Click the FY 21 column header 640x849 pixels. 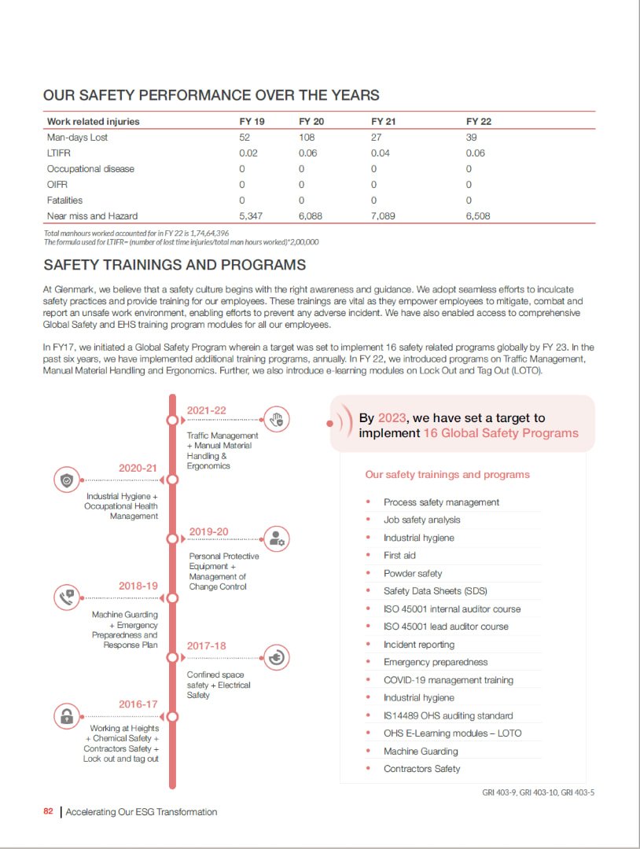click(x=383, y=122)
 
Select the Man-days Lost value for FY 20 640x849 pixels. click(x=307, y=138)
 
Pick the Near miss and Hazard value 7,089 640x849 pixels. click(x=383, y=215)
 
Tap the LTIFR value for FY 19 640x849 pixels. click(x=248, y=153)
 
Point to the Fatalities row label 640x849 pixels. click(x=64, y=200)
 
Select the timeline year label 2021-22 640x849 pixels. click(x=206, y=410)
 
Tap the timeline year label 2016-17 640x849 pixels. click(x=138, y=704)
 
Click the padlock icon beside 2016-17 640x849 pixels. click(x=67, y=716)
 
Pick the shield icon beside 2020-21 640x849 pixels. click(x=67, y=480)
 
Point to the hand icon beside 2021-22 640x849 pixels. click(x=275, y=420)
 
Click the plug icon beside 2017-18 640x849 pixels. click(x=275, y=657)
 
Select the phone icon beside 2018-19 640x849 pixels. click(x=67, y=597)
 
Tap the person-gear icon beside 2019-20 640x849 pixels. click(x=275, y=538)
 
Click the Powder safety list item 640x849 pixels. click(x=413, y=573)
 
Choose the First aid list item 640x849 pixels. click(x=399, y=556)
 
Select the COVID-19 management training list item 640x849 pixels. click(x=448, y=680)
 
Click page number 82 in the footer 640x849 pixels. click(x=49, y=812)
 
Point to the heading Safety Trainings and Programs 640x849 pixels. click(x=175, y=265)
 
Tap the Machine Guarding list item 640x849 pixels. click(x=421, y=751)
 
